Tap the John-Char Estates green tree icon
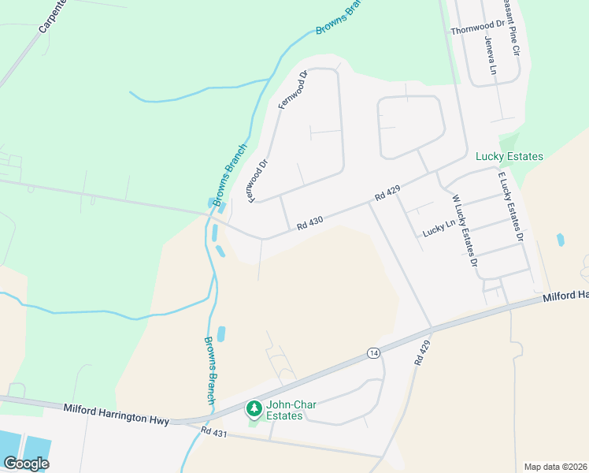(254, 408)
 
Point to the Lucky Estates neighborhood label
(509, 156)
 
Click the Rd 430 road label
(310, 225)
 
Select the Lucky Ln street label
(439, 229)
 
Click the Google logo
(25, 464)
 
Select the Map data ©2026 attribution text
(556, 466)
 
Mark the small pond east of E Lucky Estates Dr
(560, 240)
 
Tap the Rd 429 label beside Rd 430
(388, 192)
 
